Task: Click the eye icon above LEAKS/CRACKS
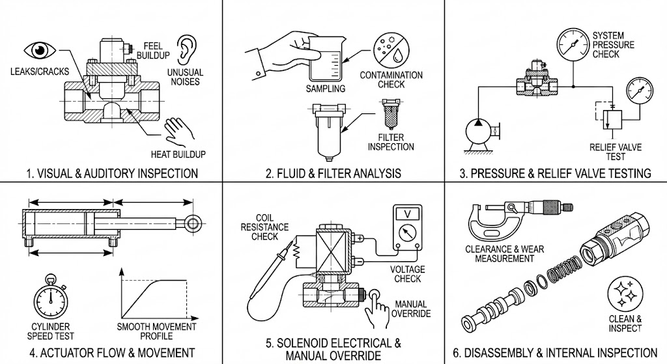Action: [40, 49]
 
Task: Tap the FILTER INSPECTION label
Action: [391, 142]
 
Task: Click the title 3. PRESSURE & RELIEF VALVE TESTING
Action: [555, 173]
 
